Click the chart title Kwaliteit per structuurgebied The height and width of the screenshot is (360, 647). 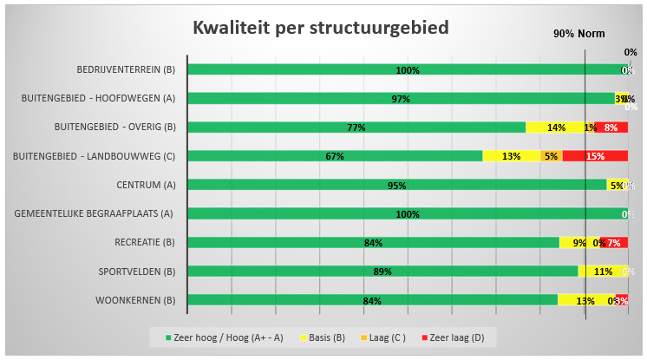click(x=320, y=28)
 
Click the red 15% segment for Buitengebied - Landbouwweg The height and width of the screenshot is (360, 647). click(x=595, y=156)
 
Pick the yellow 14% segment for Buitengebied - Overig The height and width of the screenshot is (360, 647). click(x=555, y=128)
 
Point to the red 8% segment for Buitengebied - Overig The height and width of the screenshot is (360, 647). click(x=611, y=128)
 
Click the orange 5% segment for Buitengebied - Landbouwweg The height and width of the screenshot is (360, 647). click(x=552, y=156)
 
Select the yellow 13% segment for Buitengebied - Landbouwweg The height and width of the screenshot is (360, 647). click(x=511, y=156)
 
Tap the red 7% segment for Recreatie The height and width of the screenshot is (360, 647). click(x=614, y=243)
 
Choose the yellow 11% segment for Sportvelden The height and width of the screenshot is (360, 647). click(x=601, y=272)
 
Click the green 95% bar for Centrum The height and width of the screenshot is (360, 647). click(x=396, y=185)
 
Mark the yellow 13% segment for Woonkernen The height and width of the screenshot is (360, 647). click(x=585, y=300)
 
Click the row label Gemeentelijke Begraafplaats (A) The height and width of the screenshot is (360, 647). click(x=95, y=213)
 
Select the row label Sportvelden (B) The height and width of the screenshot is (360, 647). click(x=137, y=272)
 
